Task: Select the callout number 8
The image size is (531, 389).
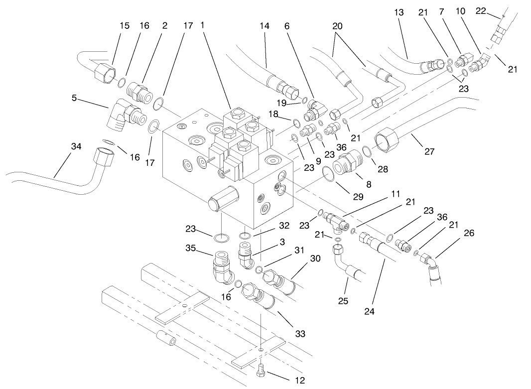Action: (369, 184)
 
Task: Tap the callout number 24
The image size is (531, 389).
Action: (369, 311)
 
